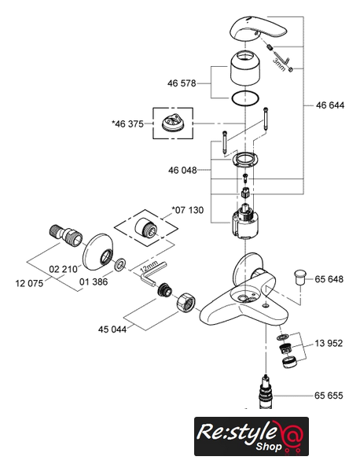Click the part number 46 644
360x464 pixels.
tap(330, 105)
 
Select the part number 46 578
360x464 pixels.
tap(182, 83)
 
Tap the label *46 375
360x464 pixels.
tap(127, 123)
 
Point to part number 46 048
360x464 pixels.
tap(182, 170)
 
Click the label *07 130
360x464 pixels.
tap(188, 210)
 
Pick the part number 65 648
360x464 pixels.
tap(329, 279)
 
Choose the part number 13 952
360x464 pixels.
tap(329, 343)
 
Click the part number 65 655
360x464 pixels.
tap(329, 396)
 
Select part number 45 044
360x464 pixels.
tap(112, 329)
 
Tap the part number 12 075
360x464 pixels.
tap(29, 283)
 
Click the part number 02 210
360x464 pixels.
tap(63, 269)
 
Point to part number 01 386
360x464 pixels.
tap(94, 282)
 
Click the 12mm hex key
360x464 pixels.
tap(152, 274)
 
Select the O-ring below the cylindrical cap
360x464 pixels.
tap(245, 98)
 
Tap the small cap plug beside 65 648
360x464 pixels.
tap(300, 277)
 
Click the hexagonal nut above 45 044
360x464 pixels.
tap(186, 302)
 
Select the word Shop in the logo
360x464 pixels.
tap(269, 446)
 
